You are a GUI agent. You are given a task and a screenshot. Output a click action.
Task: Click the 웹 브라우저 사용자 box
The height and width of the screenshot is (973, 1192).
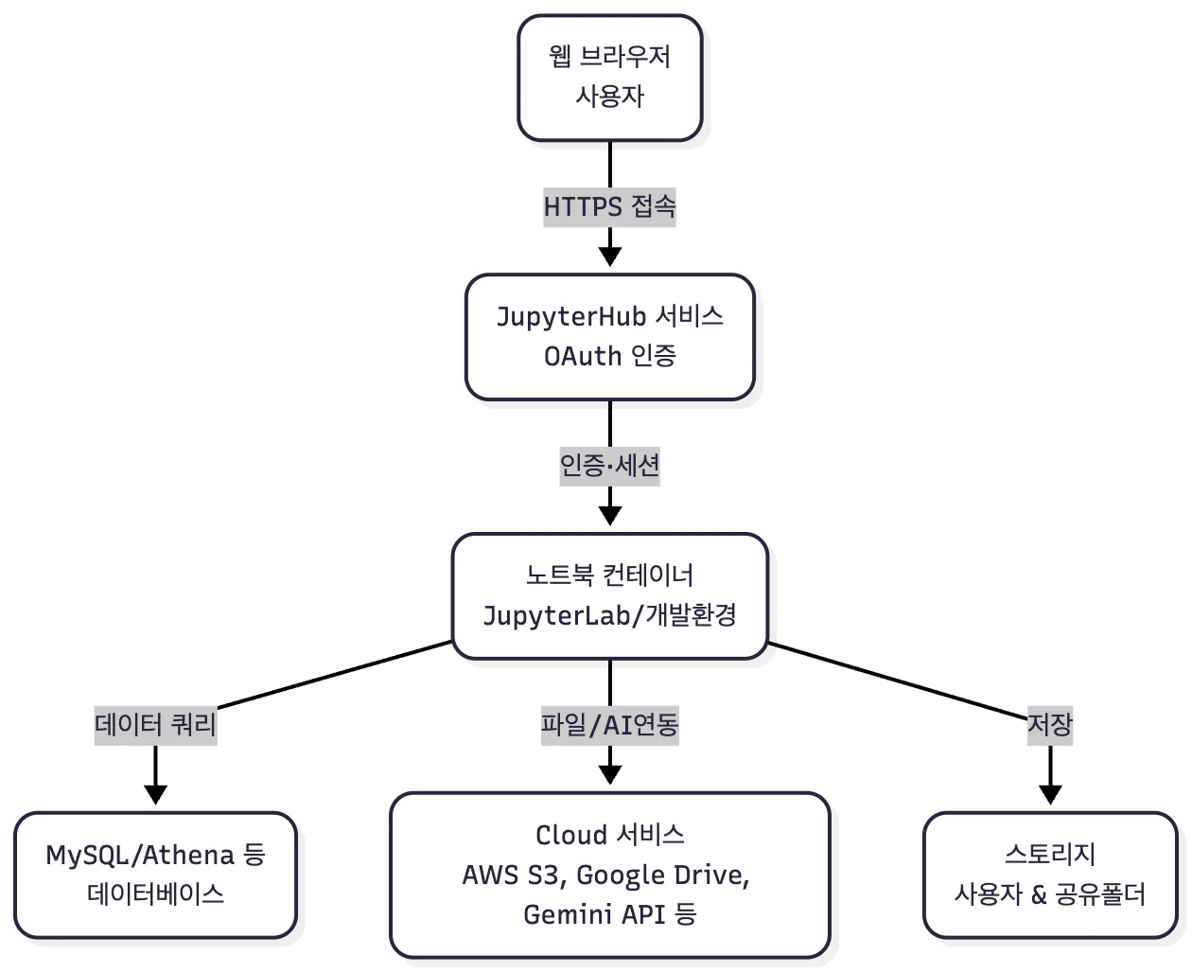tap(609, 78)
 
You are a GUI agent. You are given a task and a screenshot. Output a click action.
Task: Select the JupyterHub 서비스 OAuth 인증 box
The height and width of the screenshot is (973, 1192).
tap(609, 336)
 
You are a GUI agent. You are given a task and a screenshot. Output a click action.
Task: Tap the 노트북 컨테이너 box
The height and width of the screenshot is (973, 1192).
tap(609, 595)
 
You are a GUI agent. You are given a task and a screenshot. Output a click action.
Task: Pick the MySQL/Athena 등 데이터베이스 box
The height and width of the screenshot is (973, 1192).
tap(155, 875)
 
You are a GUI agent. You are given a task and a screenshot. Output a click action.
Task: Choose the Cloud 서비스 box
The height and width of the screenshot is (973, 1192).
tap(609, 875)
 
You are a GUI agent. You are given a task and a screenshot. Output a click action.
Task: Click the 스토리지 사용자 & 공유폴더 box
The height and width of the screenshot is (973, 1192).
tap(1050, 875)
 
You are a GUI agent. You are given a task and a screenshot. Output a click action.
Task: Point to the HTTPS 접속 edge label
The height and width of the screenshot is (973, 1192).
tap(609, 206)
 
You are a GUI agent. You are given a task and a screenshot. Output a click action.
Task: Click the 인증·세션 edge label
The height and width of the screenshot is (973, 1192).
tap(609, 466)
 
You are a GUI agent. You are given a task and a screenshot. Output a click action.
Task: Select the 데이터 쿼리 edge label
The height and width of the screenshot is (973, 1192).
tap(155, 725)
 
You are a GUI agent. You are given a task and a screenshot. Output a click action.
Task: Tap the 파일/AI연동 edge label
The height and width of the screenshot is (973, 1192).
tap(609, 725)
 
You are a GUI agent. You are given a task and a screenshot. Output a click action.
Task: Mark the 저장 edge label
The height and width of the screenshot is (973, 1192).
tap(1050, 725)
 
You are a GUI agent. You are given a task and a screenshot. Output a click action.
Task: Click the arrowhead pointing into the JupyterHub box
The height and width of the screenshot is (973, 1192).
tap(610, 256)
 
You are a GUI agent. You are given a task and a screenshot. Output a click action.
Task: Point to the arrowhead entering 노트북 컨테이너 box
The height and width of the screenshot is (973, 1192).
tap(610, 515)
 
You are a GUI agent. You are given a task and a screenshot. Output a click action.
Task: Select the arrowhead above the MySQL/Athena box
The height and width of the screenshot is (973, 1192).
tap(155, 793)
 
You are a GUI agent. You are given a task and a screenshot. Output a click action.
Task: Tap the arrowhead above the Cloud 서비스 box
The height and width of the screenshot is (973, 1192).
tap(610, 774)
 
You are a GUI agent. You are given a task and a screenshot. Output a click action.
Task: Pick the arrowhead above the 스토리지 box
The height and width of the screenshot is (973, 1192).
tap(1050, 793)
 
